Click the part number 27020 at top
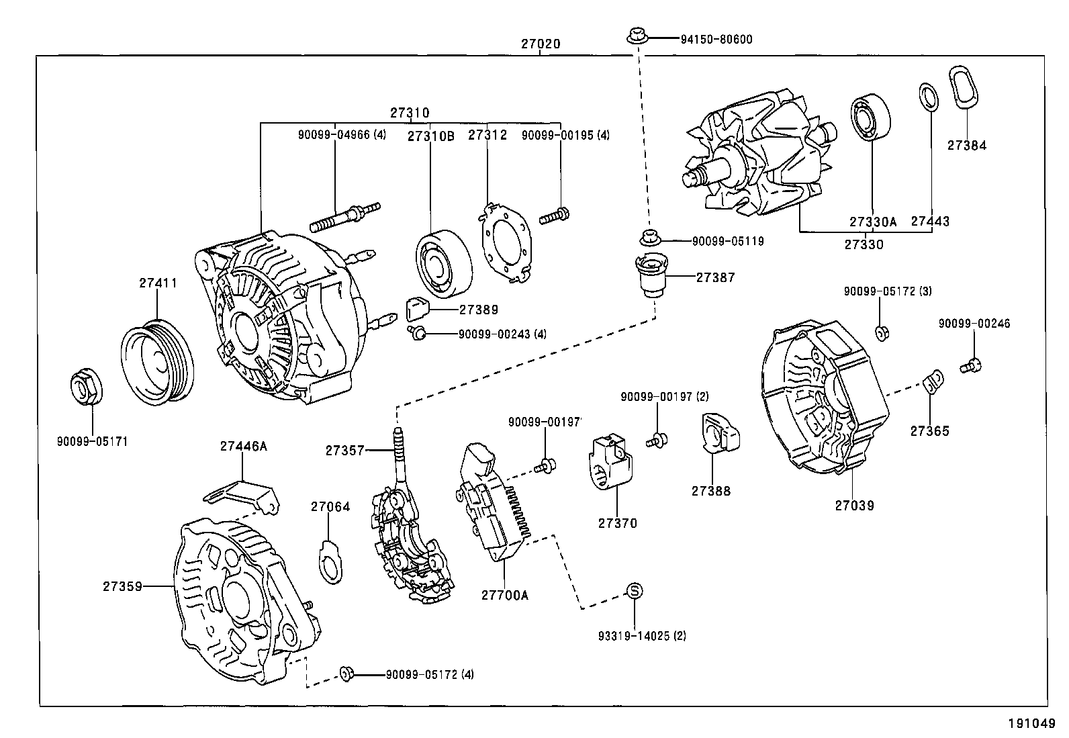point(540,44)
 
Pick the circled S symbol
point(635,591)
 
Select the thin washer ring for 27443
point(929,97)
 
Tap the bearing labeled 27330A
point(872,119)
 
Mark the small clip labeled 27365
point(932,383)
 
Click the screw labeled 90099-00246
point(971,366)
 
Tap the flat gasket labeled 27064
point(330,560)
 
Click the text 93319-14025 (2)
point(642,635)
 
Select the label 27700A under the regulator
point(504,595)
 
